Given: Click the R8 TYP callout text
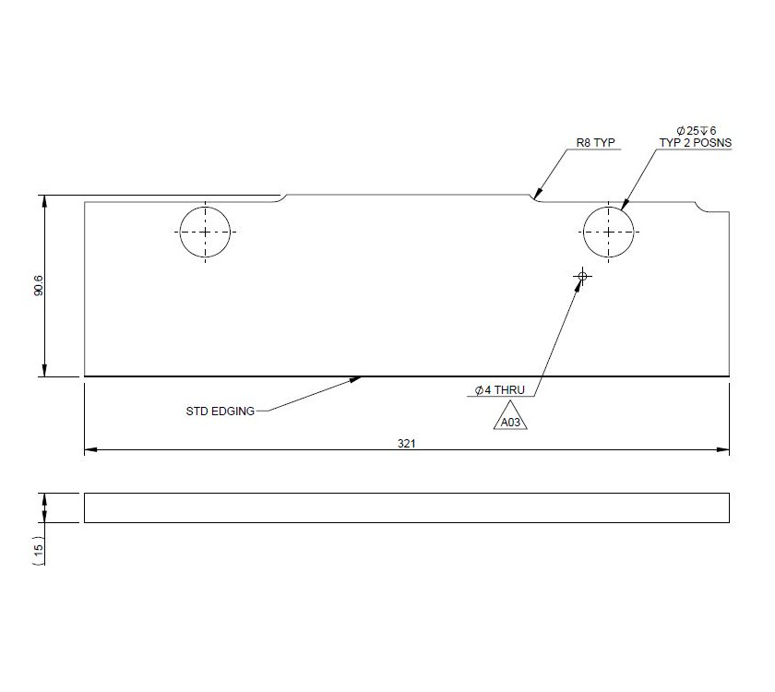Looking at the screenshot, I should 595,144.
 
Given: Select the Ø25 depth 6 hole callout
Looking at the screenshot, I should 696,131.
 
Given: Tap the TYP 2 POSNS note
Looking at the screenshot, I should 696,144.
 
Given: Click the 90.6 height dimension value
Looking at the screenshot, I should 38,287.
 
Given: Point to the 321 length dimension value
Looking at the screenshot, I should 406,443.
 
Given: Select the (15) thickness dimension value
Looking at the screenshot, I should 38,550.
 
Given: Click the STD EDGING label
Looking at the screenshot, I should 220,411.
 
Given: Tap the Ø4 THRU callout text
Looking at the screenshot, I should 499,391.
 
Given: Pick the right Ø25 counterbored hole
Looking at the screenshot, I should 609,232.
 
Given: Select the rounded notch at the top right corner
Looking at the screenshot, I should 705,208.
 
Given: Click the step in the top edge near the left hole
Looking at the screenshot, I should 284,197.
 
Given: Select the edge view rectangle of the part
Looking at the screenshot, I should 406,507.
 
